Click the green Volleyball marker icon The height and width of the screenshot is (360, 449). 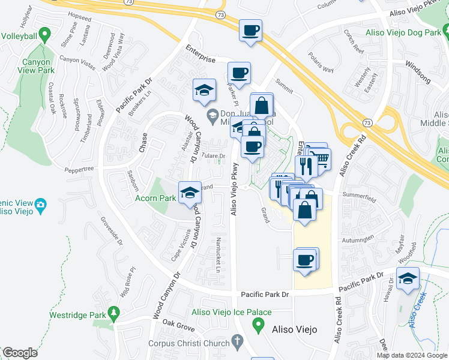(x=43, y=35)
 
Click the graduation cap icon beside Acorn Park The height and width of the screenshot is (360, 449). (x=190, y=193)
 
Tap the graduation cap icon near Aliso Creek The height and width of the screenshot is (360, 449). (x=408, y=279)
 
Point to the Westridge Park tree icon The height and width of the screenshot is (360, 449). (x=113, y=313)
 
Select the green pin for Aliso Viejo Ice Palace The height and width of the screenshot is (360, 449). (x=259, y=326)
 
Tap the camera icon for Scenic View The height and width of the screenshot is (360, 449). (x=40, y=206)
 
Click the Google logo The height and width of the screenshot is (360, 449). (x=20, y=353)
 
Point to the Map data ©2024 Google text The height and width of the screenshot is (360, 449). (x=411, y=355)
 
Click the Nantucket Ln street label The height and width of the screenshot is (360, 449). (x=218, y=254)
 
